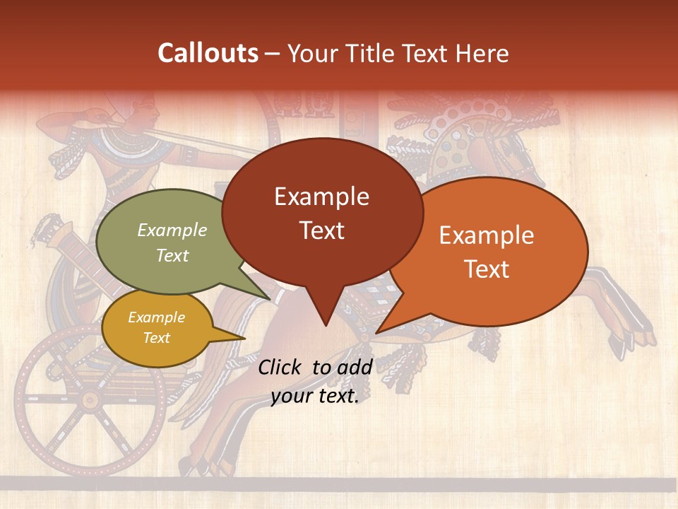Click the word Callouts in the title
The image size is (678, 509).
[208, 53]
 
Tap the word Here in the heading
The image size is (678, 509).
[483, 54]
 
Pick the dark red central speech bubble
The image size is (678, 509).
[321, 212]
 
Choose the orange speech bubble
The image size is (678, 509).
[494, 251]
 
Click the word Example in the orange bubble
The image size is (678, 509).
[487, 235]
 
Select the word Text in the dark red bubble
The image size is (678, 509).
[321, 230]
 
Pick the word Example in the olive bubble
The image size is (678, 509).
[172, 230]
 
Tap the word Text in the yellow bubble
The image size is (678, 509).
[157, 338]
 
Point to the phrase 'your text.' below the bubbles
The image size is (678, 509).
[315, 397]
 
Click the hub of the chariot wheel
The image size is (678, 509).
[89, 401]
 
